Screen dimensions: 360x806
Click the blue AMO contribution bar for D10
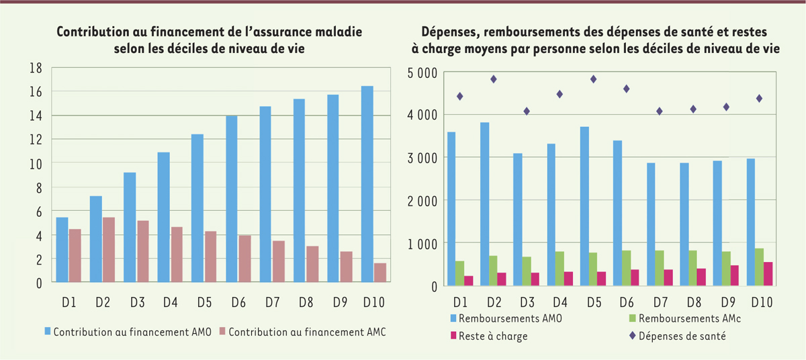point(367,185)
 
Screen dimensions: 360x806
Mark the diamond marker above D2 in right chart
point(493,79)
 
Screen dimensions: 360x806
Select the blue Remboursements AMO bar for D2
point(484,204)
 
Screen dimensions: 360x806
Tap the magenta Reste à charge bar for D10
point(768,274)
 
